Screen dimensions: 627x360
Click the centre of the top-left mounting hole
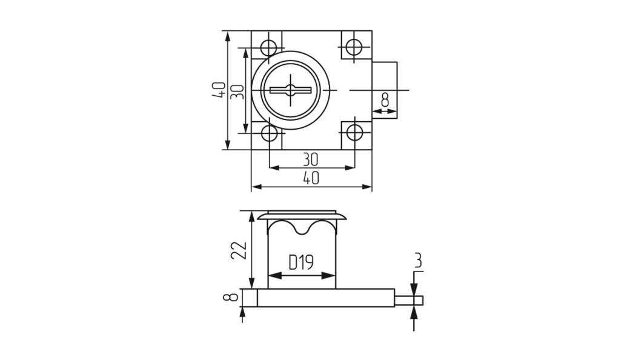point(269,48)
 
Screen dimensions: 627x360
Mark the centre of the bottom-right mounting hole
point(354,132)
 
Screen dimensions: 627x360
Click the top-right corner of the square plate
point(372,31)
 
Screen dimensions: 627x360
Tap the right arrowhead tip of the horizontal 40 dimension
point(372,187)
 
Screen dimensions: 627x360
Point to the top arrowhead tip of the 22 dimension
point(251,211)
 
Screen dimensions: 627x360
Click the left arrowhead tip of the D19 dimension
point(268,275)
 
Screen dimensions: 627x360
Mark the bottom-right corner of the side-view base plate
point(394,307)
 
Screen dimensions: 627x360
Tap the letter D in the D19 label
point(293,262)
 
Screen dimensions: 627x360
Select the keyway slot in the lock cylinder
point(291,90)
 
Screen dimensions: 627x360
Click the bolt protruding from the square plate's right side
point(385,90)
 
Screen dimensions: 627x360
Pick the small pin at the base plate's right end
point(409,301)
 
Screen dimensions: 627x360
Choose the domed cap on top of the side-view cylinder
point(302,216)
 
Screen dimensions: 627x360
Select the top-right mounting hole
point(354,47)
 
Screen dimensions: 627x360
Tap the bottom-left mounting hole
point(269,133)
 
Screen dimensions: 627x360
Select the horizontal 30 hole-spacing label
point(310,159)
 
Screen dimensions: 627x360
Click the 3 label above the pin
point(417,261)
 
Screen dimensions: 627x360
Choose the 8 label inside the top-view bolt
point(385,99)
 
